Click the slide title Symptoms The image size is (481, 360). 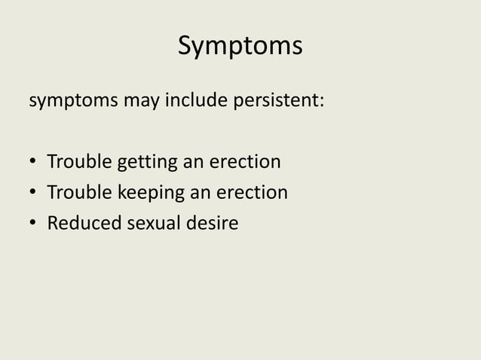click(x=240, y=46)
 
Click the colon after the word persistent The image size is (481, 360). click(x=323, y=102)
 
